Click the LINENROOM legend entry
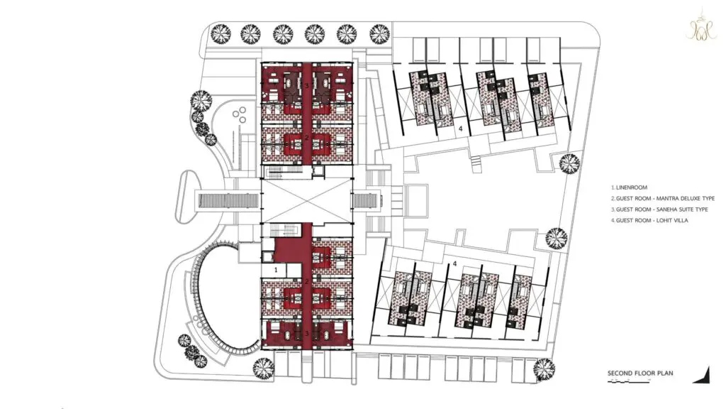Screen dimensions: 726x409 [630, 187]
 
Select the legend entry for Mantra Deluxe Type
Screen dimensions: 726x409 [663, 199]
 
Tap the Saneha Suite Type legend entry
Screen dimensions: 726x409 [659, 209]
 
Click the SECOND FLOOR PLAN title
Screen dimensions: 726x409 [640, 373]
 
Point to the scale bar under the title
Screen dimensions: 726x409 [630, 381]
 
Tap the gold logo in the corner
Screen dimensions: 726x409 [701, 25]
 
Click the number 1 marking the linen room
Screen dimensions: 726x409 [276, 269]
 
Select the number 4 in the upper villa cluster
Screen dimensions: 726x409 [460, 129]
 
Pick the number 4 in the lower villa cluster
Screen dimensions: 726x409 [454, 263]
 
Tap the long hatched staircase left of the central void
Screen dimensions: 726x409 [228, 201]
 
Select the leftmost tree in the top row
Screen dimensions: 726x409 [221, 34]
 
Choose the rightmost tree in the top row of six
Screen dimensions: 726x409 [380, 34]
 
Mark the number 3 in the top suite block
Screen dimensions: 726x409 [306, 86]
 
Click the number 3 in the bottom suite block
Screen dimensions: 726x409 [306, 334]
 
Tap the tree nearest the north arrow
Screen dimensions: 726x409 [544, 369]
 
